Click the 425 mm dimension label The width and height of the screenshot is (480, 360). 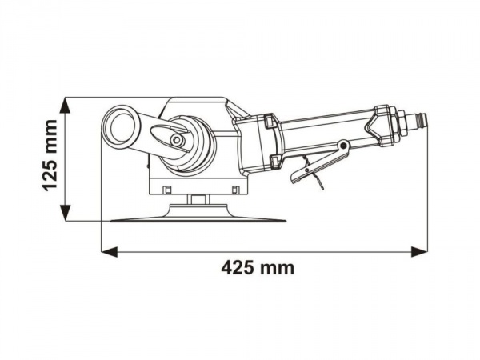[257, 268]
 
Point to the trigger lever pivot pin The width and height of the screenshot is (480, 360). [343, 146]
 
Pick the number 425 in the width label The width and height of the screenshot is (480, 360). [238, 268]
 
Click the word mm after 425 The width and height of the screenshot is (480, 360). [278, 268]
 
